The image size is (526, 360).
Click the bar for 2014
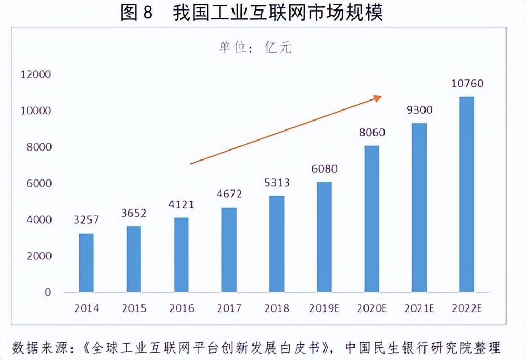86,263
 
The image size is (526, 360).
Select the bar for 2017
229,249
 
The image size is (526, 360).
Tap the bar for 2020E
372,218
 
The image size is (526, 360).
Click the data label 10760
467,84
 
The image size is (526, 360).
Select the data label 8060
372,133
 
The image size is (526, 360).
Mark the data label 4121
181,205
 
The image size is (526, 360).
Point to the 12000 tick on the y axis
36,74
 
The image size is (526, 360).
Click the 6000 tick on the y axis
39,183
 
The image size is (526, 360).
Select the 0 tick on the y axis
48,292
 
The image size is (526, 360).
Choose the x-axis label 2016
181,308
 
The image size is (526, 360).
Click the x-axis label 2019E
324,308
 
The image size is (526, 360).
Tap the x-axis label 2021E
419,308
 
